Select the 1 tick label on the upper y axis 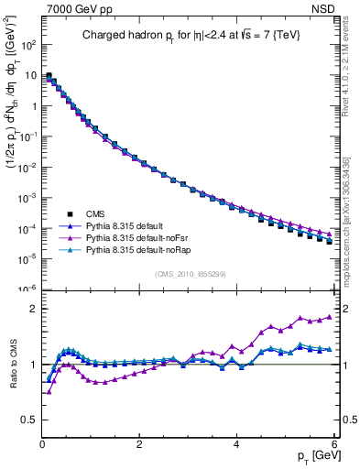(x=33, y=106)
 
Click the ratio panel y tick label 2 (x=33, y=309)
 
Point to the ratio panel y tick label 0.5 (x=29, y=420)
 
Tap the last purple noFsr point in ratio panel (x=330, y=317)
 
